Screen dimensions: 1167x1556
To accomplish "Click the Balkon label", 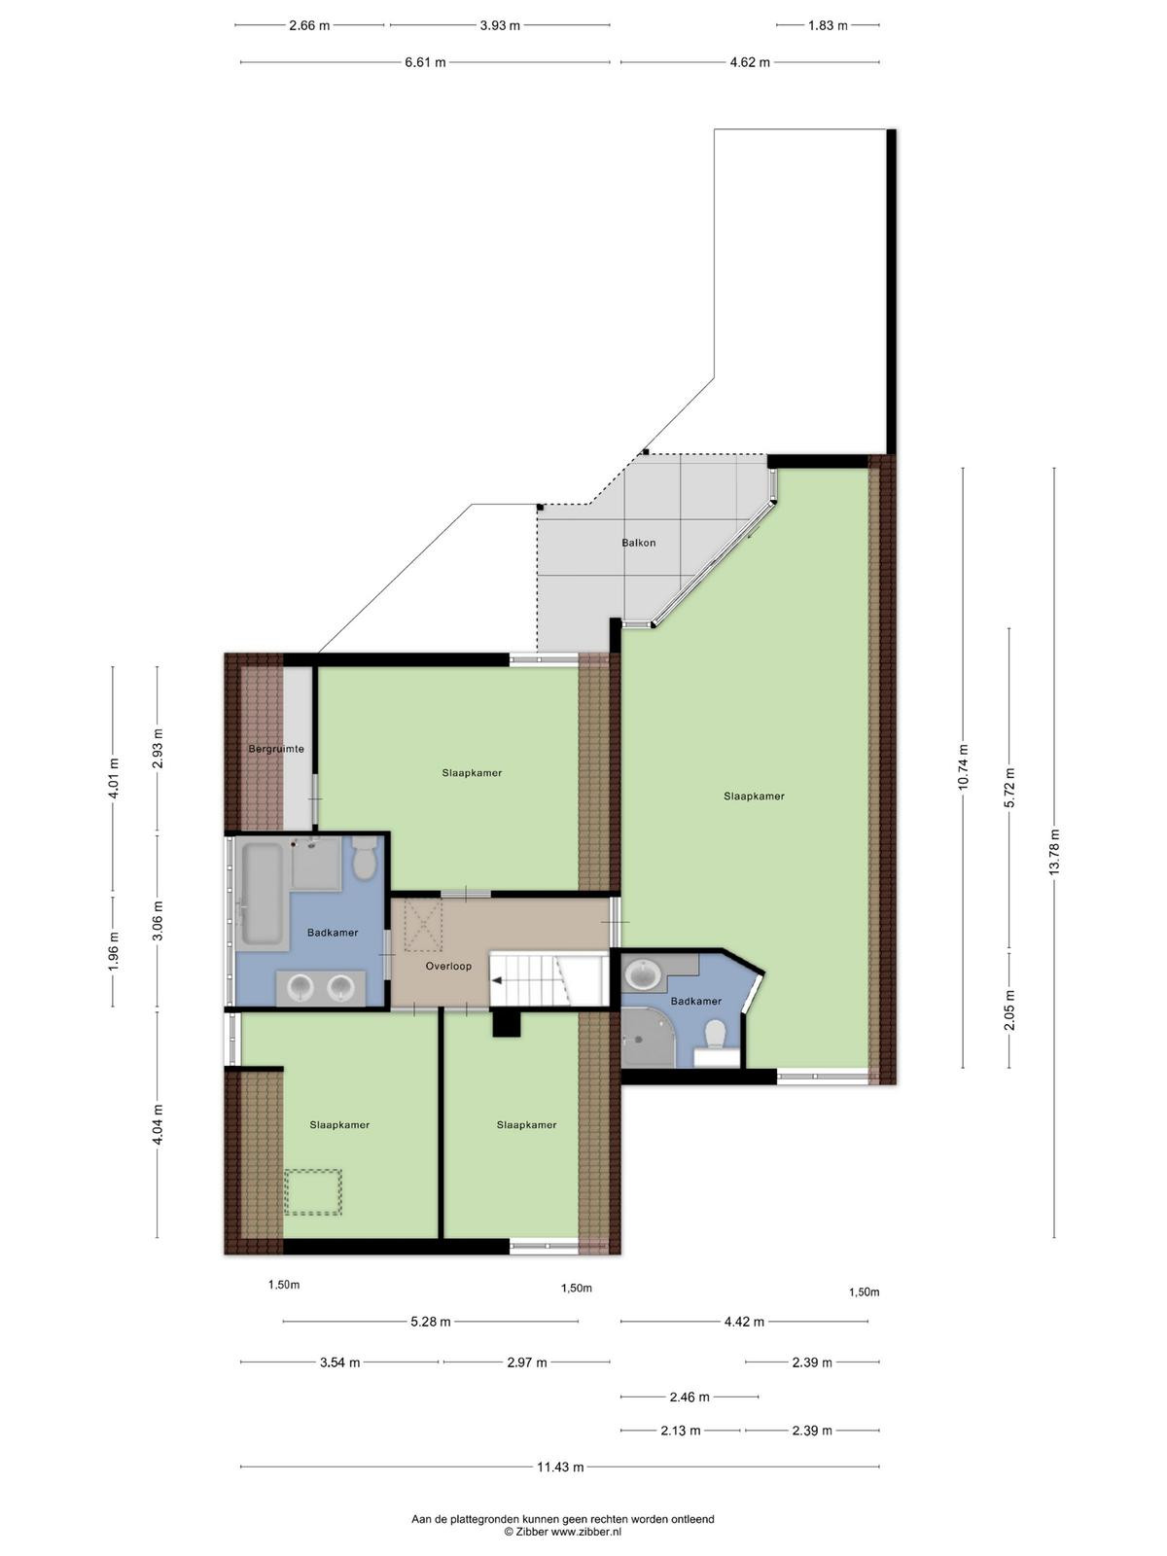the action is [638, 543].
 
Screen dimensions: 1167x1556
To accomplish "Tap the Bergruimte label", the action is [276, 749].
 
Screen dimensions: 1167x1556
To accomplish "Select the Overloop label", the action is [448, 966].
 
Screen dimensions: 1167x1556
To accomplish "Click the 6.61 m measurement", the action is [425, 62].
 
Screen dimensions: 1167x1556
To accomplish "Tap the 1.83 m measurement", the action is [828, 25].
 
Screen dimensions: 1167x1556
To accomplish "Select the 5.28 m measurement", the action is [431, 1322].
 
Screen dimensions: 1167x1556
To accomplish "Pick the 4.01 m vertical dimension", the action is [113, 778].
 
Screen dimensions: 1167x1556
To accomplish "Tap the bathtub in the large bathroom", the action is [263, 894].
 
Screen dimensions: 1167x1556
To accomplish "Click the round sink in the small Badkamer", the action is [644, 973].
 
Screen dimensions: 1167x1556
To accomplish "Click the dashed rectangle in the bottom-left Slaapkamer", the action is [313, 1192].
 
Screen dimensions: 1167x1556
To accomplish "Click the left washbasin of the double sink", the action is [301, 987].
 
